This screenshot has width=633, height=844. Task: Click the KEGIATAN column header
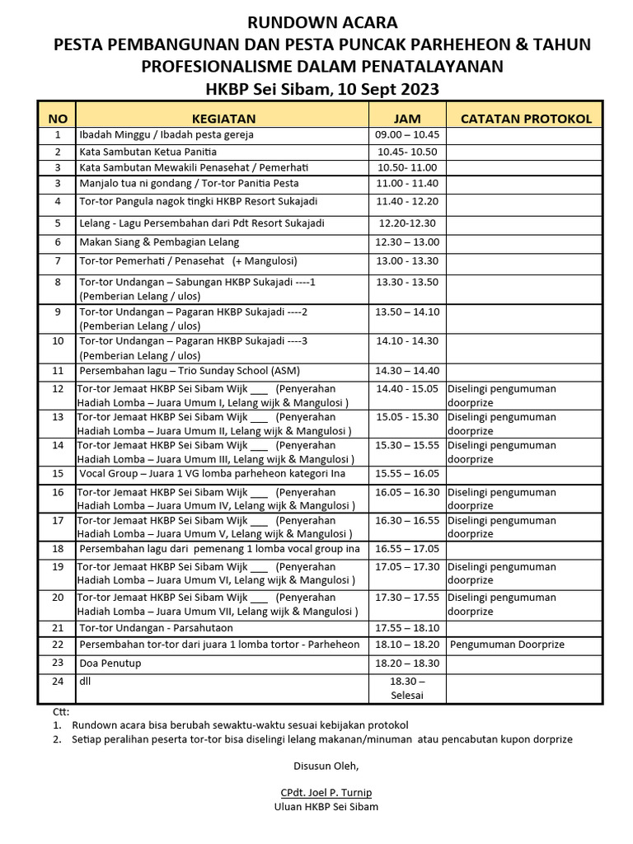pos(223,119)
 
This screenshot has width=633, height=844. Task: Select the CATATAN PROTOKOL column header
pos(526,119)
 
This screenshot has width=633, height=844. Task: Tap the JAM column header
pos(407,119)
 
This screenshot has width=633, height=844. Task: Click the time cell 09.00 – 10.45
pos(407,134)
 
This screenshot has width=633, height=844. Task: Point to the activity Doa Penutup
pos(110,663)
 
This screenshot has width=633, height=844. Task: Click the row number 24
pos(58,682)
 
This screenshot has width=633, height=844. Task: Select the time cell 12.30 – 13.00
pos(407,242)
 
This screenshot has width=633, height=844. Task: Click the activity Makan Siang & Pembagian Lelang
pos(159,242)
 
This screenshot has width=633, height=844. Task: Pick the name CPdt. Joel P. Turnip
pos(326,793)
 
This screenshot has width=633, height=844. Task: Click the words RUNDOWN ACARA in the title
pos(323,22)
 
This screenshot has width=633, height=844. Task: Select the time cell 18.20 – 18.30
pos(407,663)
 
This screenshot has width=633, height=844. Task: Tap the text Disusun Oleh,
pos(326,766)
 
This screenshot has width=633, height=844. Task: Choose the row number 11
pos(58,371)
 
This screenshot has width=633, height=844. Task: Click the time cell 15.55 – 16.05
pos(407,474)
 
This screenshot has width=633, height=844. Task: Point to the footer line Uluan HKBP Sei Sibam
pos(326,807)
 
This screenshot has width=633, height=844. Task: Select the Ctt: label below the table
pos(62,711)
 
